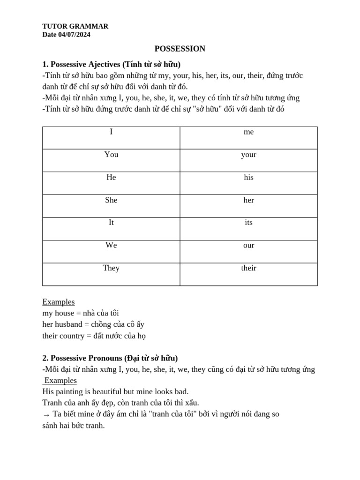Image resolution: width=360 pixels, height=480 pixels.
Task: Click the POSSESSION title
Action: click(180, 49)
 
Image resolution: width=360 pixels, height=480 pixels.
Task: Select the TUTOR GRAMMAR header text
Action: click(75, 26)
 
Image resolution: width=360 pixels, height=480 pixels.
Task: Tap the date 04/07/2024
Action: click(75, 35)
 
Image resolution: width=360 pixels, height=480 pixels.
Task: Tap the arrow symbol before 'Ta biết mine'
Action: click(46, 415)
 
